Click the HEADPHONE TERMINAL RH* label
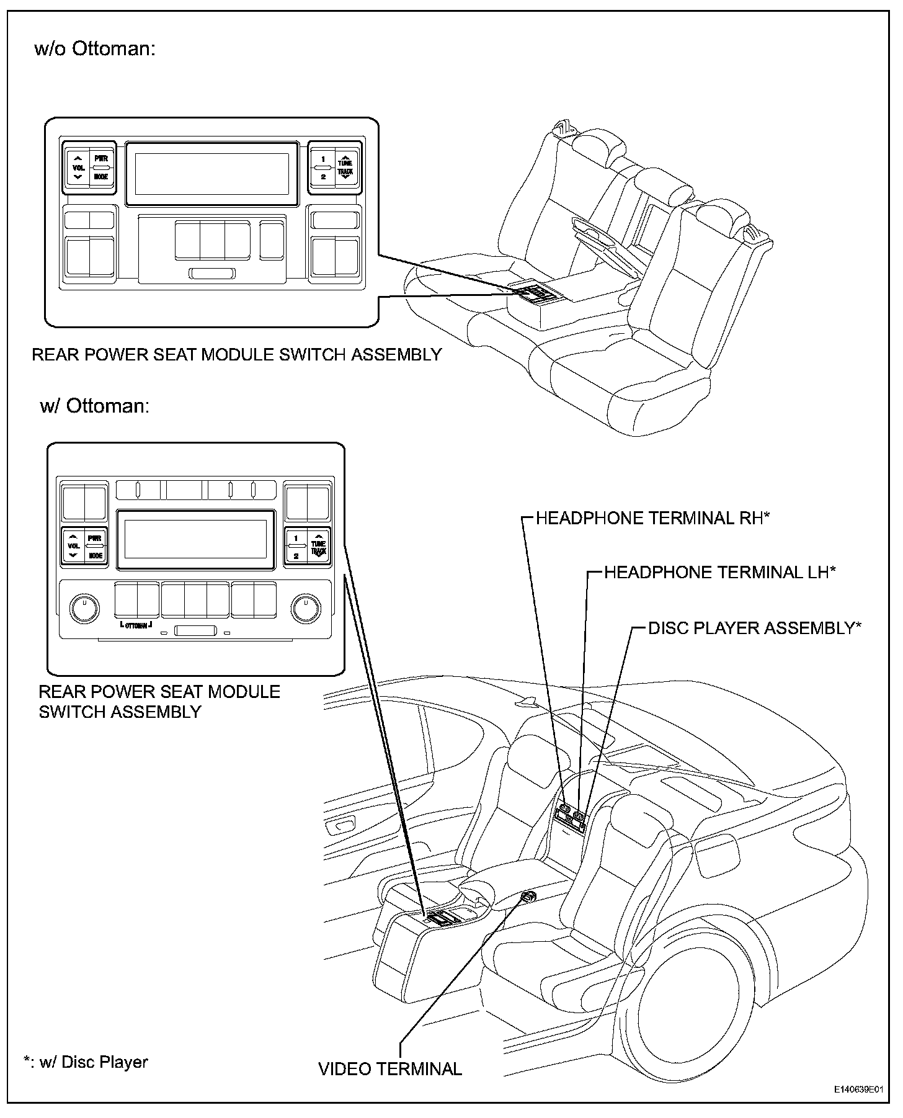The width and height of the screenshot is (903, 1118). tap(652, 518)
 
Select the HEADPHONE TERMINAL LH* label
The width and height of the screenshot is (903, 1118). tap(719, 572)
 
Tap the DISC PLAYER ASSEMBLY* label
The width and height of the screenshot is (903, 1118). tap(754, 628)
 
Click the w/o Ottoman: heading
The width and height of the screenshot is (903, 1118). tap(94, 49)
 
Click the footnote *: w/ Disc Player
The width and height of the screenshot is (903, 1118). tap(86, 1062)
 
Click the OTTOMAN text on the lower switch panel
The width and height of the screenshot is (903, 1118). tap(136, 625)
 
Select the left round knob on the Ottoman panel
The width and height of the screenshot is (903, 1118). tap(84, 608)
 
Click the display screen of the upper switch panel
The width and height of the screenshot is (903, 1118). tap(211, 174)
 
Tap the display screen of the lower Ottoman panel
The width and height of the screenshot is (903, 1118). tap(195, 539)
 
